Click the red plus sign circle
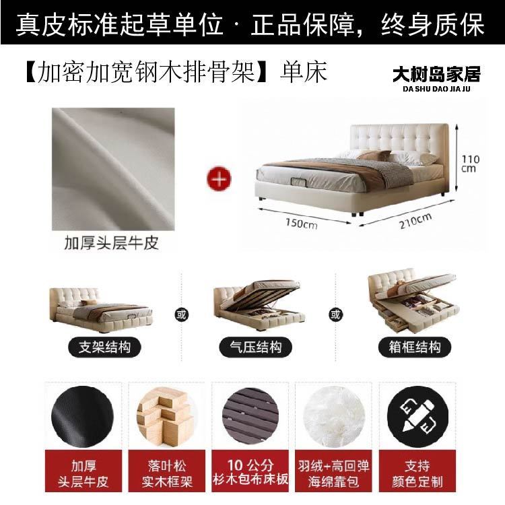point(219,178)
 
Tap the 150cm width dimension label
point(302,223)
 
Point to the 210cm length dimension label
point(415,221)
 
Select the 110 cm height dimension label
point(470,164)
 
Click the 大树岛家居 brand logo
point(436,79)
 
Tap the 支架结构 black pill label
point(104,347)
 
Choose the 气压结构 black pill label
point(255,347)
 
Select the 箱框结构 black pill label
point(415,347)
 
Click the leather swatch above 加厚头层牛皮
point(113,169)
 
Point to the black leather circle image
point(82,417)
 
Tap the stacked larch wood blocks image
point(166,417)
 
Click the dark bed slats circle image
point(250,417)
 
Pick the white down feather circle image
point(334,416)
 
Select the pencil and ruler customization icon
point(417,417)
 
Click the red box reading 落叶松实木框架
point(166,471)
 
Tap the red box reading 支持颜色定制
point(417,471)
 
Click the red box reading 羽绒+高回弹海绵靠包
point(334,471)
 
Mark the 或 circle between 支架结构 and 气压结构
point(181,314)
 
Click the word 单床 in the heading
point(304,72)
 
